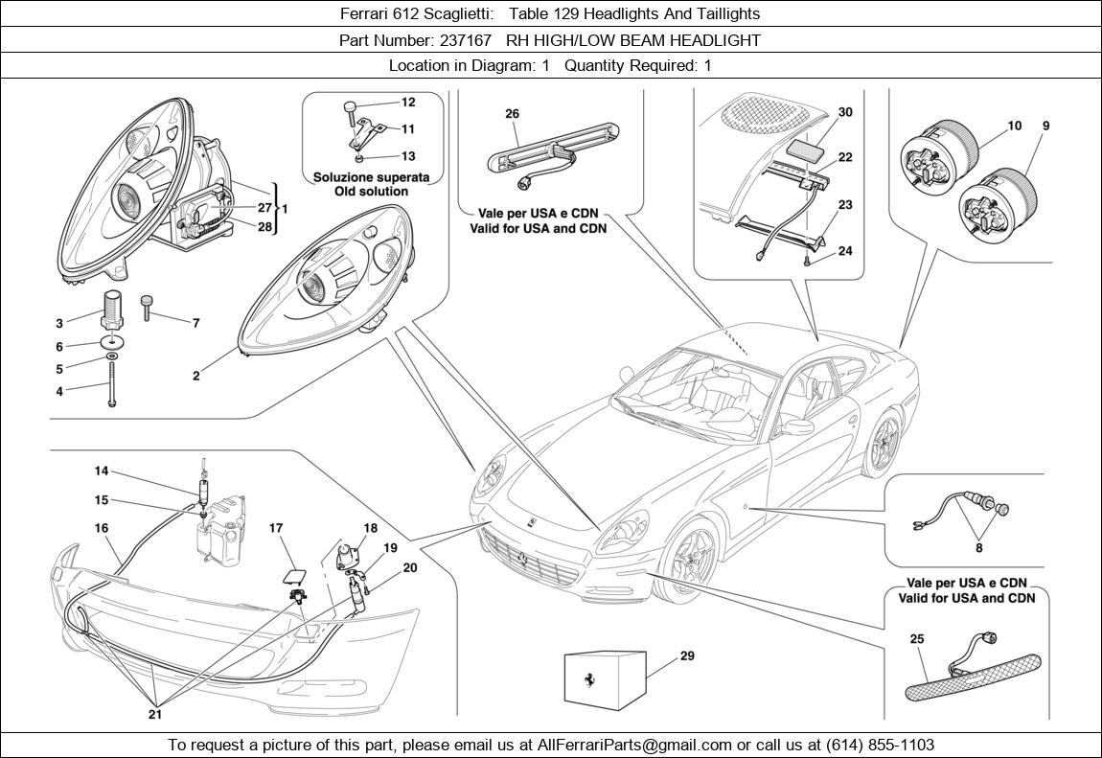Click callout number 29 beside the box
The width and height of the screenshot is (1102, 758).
[x=687, y=656]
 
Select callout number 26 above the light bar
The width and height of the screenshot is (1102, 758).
[x=512, y=114]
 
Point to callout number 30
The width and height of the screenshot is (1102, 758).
[x=844, y=112]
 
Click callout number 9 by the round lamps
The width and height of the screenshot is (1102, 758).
[x=1045, y=126]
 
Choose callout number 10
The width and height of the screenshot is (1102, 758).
[x=1015, y=126]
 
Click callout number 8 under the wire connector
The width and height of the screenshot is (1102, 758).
[x=978, y=549]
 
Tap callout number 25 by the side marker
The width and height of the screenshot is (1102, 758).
[x=917, y=638]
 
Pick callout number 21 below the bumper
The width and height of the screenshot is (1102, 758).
[x=154, y=713]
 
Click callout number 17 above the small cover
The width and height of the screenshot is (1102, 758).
[x=276, y=528]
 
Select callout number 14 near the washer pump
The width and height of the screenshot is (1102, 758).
[x=102, y=471]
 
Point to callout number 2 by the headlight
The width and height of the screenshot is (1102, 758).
[x=196, y=377]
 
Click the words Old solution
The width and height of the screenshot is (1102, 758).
[x=371, y=192]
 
